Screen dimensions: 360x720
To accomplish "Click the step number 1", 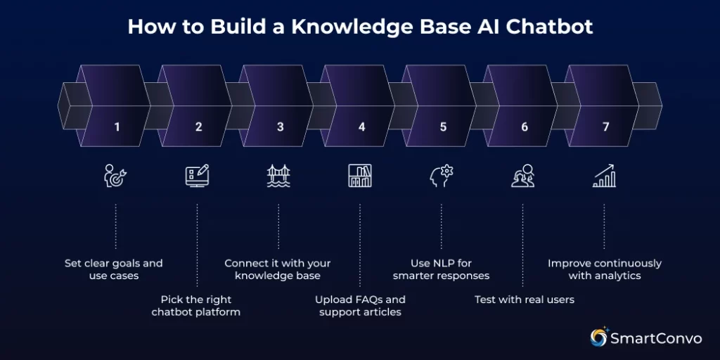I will coord(117,127).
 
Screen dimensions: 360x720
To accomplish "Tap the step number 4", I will coord(361,127).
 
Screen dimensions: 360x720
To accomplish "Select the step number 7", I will coord(605,127).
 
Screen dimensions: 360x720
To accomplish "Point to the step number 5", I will coord(443,127).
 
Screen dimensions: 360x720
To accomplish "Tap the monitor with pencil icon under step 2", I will coord(197,176).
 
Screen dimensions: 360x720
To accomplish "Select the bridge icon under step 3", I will coord(278,176).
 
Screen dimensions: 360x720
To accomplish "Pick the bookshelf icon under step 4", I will coord(360,176).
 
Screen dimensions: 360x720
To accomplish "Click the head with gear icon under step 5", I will coord(442,176).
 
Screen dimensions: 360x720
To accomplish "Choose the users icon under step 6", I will coord(522,176).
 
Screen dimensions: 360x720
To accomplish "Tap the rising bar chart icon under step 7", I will coord(604,176).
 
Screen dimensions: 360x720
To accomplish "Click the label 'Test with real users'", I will coord(524,300).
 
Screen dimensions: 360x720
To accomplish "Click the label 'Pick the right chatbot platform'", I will coord(196,305).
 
